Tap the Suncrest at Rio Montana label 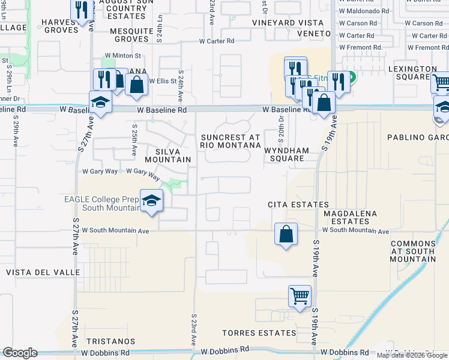pos(231,141)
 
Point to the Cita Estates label pos(298,205)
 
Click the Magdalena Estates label pos(350,218)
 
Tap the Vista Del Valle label pos(43,272)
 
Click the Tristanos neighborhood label pos(111,341)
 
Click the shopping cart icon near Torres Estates pos(300,295)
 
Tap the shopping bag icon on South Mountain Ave pos(286,233)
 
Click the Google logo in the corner pos(20,353)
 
